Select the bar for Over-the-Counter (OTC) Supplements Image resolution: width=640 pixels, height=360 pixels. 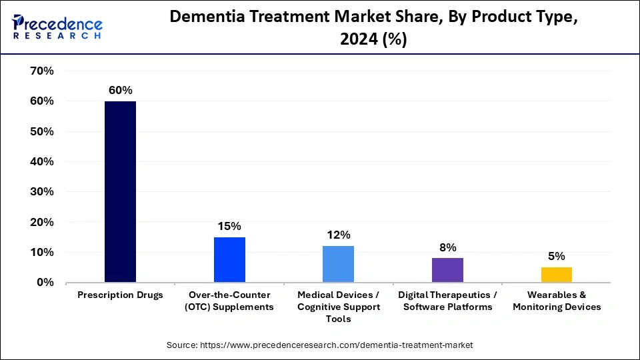click(229, 260)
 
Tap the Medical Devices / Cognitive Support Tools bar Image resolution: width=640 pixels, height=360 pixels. click(338, 264)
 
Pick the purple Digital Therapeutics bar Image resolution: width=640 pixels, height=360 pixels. click(447, 270)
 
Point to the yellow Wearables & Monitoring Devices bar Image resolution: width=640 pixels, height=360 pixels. click(556, 275)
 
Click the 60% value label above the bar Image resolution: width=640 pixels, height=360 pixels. click(121, 90)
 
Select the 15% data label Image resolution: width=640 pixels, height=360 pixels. click(229, 226)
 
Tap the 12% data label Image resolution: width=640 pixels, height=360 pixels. click(339, 235)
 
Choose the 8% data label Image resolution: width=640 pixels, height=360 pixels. click(447, 247)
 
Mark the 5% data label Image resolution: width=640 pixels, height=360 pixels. click(557, 256)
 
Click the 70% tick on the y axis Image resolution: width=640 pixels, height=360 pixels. click(42, 71)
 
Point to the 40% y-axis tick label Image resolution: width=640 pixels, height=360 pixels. click(42, 162)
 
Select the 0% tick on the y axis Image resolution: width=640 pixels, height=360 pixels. click(45, 283)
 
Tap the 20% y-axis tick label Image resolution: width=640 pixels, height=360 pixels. click(42, 222)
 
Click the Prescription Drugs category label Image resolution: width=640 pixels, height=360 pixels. click(120, 295)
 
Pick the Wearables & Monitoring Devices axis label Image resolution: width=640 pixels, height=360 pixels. click(557, 301)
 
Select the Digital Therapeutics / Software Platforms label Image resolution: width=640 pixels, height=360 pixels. click(447, 301)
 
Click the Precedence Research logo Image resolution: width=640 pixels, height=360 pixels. click(57, 27)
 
